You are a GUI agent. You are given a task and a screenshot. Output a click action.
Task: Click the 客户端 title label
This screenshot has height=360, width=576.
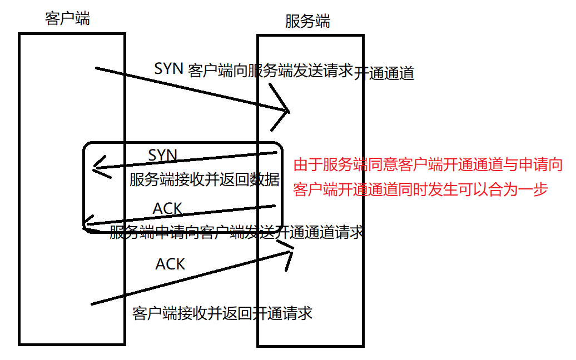67,19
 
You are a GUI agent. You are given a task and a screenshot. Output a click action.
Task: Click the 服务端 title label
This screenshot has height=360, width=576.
307,22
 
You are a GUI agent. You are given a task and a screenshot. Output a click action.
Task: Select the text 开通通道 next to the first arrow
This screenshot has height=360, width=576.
384,73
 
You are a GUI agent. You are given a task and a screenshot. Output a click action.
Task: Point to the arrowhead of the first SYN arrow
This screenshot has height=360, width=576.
288,111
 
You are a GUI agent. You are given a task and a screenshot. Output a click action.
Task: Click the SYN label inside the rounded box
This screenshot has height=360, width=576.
162,155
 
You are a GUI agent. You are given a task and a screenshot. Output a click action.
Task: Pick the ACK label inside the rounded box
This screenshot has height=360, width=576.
167,208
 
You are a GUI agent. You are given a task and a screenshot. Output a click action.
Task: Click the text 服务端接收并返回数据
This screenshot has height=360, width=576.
205,180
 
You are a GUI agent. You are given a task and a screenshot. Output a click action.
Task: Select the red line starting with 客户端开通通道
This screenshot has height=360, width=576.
421,189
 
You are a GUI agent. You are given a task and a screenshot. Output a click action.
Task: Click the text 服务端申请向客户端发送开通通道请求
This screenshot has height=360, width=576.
236,232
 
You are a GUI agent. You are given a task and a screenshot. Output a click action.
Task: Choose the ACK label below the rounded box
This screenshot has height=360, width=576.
170,264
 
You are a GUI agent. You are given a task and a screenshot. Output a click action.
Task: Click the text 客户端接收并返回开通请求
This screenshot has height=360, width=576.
222,313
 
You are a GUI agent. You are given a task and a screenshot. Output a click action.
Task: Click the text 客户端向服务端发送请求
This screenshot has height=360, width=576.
271,71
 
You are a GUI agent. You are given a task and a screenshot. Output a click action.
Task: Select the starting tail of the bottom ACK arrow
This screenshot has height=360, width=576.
92,304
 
